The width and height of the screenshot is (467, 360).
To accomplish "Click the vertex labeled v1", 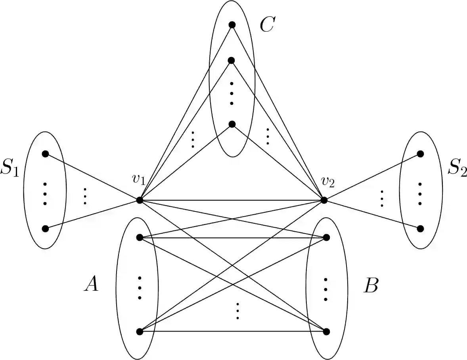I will click(140, 200).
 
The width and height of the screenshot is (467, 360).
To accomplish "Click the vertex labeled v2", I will click(324, 200).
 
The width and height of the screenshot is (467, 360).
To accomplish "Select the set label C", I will click(267, 25).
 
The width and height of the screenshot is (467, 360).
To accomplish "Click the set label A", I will click(91, 284).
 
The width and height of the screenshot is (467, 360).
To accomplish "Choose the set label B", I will click(371, 286).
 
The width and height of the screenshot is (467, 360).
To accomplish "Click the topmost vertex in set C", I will click(232, 25).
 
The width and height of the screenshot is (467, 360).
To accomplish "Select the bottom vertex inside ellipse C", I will click(232, 124).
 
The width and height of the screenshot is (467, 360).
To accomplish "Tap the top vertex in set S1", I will click(45, 154).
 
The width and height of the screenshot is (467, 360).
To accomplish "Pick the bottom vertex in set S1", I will click(45, 229).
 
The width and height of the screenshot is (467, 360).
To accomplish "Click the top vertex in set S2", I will click(421, 154).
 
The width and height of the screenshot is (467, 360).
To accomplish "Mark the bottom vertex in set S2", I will click(421, 229).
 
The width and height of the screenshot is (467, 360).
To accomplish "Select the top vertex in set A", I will click(140, 238).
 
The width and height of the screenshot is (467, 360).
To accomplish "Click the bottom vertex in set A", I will click(140, 331).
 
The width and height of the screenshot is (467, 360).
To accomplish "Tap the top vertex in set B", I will click(326, 238).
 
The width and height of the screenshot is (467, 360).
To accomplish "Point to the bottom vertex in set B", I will click(326, 331).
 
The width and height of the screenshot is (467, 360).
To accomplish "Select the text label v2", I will click(328, 182).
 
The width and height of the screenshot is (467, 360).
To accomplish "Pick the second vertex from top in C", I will click(232, 60).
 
